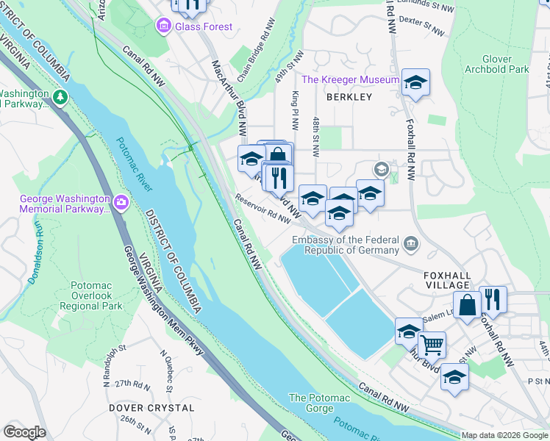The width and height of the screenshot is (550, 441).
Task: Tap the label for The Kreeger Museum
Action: pyautogui.click(x=350, y=79)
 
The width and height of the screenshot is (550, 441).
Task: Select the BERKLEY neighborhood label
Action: pyautogui.click(x=350, y=97)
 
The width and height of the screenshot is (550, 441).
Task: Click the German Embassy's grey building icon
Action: pyautogui.click(x=410, y=242)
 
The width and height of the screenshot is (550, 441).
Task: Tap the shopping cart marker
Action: pyautogui.click(x=432, y=343)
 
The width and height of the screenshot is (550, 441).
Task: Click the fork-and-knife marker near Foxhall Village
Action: pyautogui.click(x=493, y=298)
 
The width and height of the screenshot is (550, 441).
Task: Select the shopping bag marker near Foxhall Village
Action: pyautogui.click(x=467, y=304)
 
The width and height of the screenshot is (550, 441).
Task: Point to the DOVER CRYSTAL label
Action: pyautogui.click(x=151, y=407)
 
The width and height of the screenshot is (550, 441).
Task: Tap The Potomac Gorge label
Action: pyautogui.click(x=318, y=403)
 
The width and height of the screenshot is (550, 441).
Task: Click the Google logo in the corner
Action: pyautogui.click(x=24, y=432)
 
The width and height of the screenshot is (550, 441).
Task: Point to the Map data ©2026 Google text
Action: pyautogui.click(x=504, y=435)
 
